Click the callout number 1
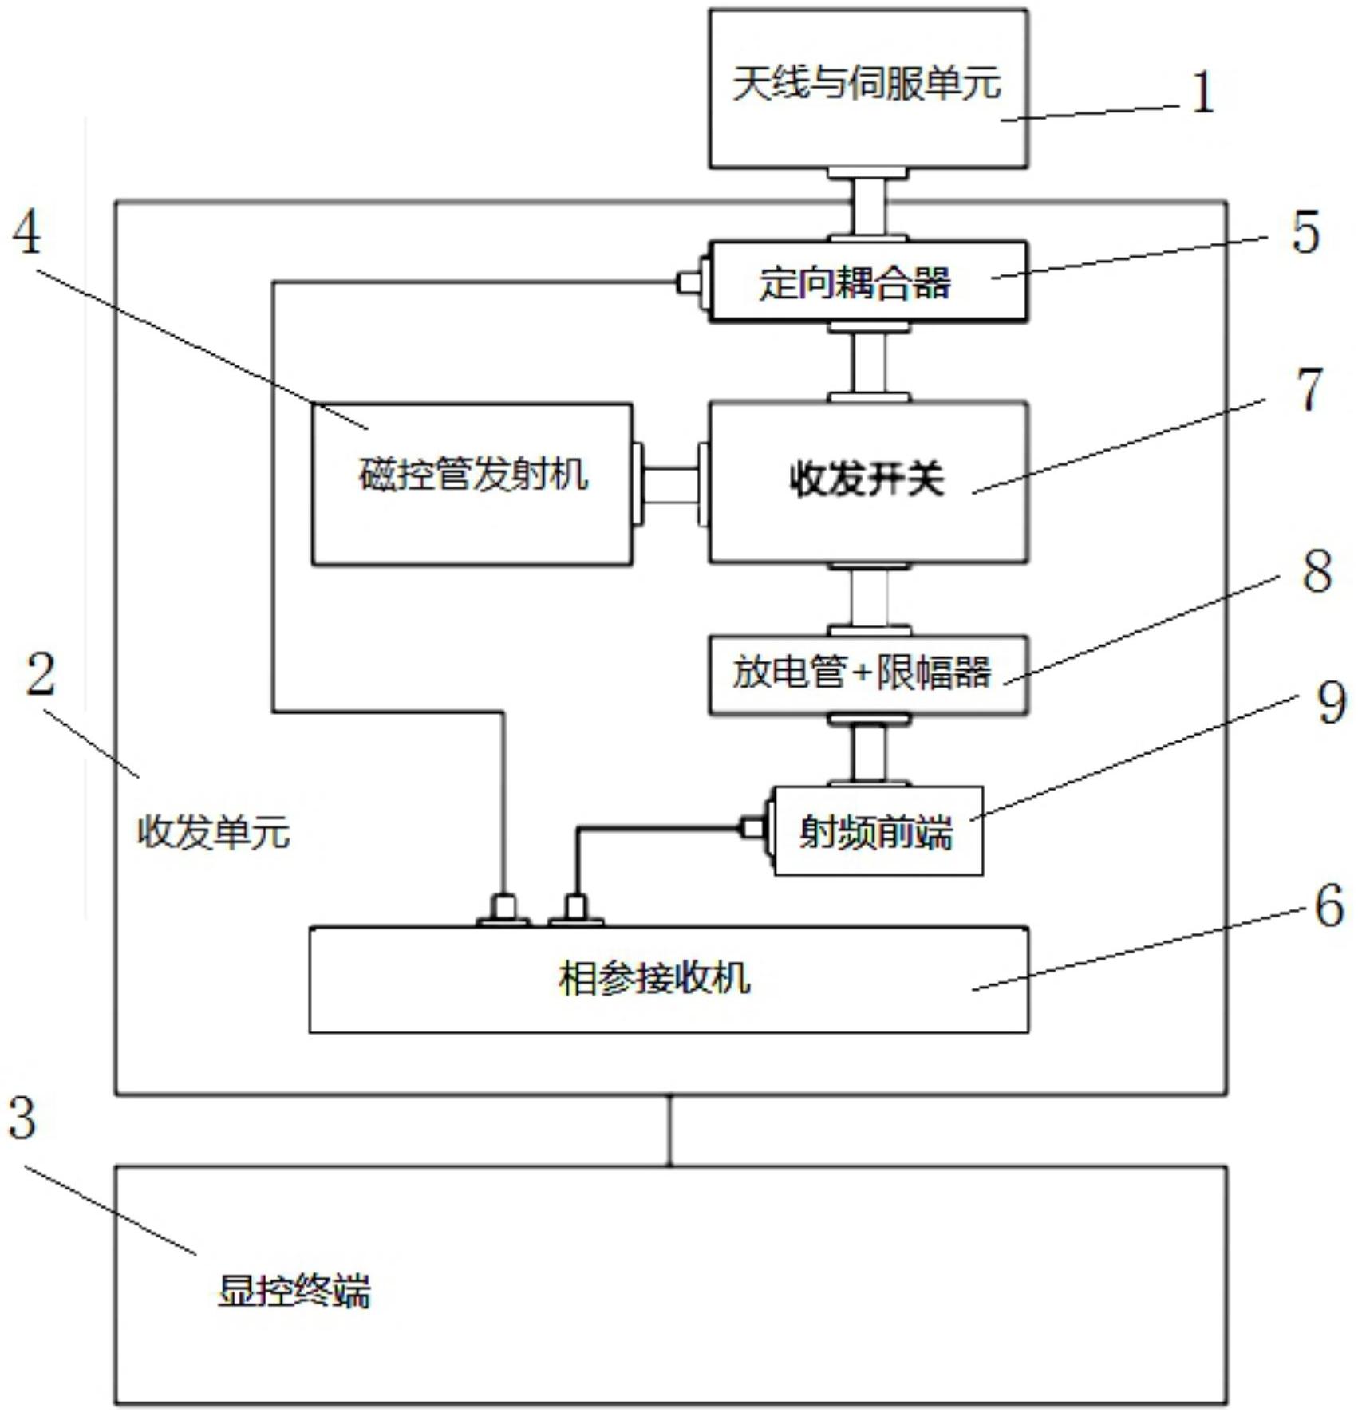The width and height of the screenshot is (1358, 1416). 1202,93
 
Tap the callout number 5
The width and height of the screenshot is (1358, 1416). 1305,233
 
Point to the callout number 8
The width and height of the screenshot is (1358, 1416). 1317,572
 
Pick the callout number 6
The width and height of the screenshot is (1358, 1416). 1328,907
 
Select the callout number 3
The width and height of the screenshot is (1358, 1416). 22,1118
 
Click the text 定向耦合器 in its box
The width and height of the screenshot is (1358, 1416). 854,283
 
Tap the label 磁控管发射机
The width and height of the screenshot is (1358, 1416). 472,475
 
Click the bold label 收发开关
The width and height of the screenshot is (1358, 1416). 867,480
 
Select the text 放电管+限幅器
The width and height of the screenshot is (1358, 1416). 862,673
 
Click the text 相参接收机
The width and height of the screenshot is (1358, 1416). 654,979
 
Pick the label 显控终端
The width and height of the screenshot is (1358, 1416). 294,1292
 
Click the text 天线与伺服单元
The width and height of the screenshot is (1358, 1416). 867,84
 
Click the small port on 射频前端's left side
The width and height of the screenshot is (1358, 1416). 752,828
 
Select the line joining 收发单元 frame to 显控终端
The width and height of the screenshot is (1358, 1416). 669,1130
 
